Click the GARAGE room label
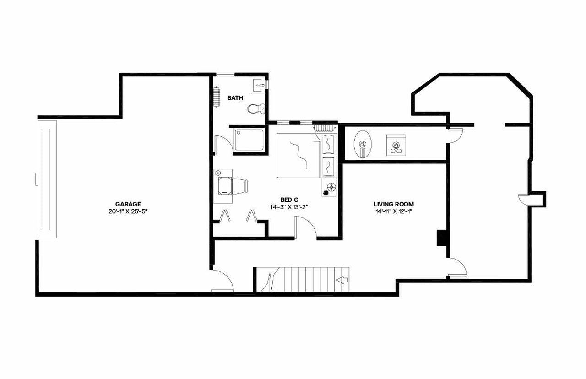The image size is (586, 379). click(128, 204)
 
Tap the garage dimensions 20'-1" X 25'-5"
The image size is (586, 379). click(128, 211)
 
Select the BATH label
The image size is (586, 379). click(235, 98)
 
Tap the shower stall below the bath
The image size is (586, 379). click(249, 140)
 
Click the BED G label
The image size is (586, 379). click(289, 200)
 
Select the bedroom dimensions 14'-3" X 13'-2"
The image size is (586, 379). click(289, 207)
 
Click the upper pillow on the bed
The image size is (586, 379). click(328, 145)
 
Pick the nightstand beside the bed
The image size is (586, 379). click(329, 187)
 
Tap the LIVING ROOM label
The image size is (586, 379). click(394, 204)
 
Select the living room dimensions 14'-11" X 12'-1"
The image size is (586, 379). click(394, 211)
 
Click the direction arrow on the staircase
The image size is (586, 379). click(342, 279)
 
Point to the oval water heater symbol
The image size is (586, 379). click(363, 144)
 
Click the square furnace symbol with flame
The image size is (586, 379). click(396, 145)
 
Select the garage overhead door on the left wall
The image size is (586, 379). click(47, 179)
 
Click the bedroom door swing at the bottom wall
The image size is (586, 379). click(304, 227)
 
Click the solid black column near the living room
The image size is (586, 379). click(442, 238)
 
